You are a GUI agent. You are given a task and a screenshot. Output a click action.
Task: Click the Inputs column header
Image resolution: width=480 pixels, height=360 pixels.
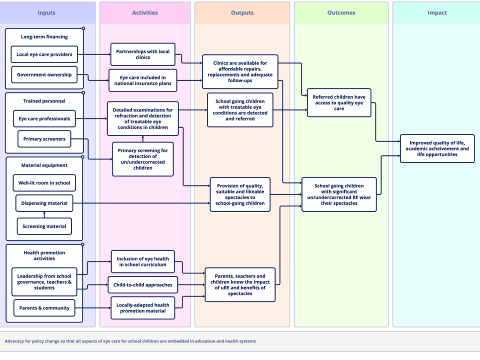pyautogui.click(x=46, y=13)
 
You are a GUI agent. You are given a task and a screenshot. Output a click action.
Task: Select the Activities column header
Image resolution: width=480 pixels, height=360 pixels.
pyautogui.click(x=145, y=13)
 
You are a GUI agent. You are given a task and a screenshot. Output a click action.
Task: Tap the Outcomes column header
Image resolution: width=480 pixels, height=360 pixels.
pyautogui.click(x=341, y=13)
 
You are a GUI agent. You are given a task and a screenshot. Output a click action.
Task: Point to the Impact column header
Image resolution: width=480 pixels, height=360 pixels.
pyautogui.click(x=437, y=13)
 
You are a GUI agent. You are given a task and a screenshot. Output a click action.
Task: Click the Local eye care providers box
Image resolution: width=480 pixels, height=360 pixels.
pyautogui.click(x=44, y=54)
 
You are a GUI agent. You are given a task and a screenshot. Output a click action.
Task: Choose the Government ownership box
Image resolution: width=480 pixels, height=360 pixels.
pyautogui.click(x=44, y=74)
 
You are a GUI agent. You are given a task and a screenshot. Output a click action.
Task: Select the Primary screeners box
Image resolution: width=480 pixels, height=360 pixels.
pyautogui.click(x=44, y=139)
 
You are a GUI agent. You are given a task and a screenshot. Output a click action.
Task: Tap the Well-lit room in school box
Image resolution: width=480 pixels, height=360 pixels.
pyautogui.click(x=44, y=183)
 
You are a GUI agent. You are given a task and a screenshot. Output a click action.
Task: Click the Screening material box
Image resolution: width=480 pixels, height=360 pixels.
pyautogui.click(x=44, y=226)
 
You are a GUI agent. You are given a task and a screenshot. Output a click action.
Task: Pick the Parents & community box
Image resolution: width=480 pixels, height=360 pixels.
pyautogui.click(x=44, y=308)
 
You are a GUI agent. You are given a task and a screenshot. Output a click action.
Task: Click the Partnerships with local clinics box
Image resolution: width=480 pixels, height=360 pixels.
pyautogui.click(x=143, y=54)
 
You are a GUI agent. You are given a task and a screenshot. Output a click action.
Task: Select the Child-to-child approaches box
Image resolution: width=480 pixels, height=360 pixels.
pyautogui.click(x=143, y=284)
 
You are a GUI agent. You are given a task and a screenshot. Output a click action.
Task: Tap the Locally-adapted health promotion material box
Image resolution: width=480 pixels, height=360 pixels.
pyautogui.click(x=143, y=308)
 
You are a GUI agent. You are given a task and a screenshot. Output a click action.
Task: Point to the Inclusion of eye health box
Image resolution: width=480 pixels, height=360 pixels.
pyautogui.click(x=143, y=261)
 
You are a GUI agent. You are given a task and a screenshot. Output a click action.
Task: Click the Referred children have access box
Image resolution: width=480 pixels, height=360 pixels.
pyautogui.click(x=339, y=103)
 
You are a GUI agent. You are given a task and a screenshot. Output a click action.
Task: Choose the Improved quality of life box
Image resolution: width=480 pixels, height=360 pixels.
pyautogui.click(x=437, y=149)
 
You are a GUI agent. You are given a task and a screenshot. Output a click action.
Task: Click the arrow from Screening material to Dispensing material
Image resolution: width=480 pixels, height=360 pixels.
pyautogui.click(x=44, y=215)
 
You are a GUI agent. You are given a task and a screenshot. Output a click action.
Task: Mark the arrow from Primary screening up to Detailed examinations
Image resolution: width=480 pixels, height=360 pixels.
pyautogui.click(x=143, y=139)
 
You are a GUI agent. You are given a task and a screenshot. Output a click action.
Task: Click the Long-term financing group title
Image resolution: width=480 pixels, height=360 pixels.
pyautogui.click(x=44, y=36)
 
